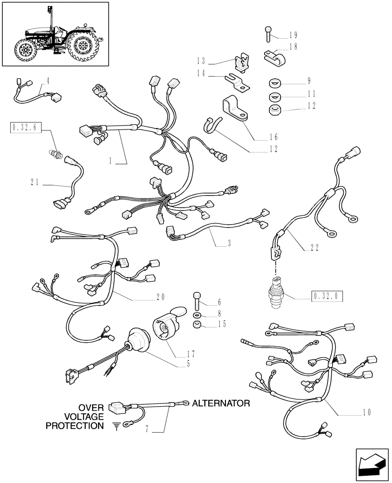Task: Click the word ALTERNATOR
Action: click(x=221, y=402)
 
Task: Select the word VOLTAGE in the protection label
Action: click(x=84, y=416)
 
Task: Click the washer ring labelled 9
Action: click(x=275, y=82)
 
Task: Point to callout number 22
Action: click(x=314, y=248)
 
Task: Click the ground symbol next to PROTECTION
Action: click(x=115, y=426)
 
